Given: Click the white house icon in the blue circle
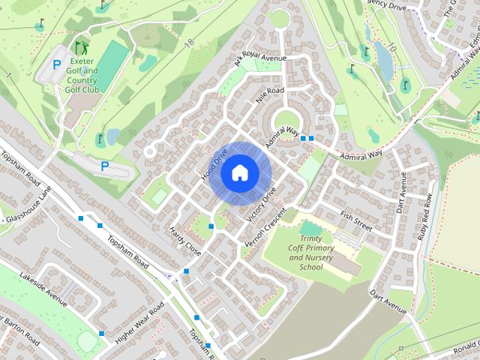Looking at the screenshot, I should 239,172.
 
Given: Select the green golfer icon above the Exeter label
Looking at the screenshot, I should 80,49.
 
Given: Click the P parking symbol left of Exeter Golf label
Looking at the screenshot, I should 56,66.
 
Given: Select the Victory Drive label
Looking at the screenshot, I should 265,202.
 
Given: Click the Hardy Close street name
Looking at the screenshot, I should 185,238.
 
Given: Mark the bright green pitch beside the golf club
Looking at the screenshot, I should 112,61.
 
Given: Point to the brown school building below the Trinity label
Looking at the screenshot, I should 345,262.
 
